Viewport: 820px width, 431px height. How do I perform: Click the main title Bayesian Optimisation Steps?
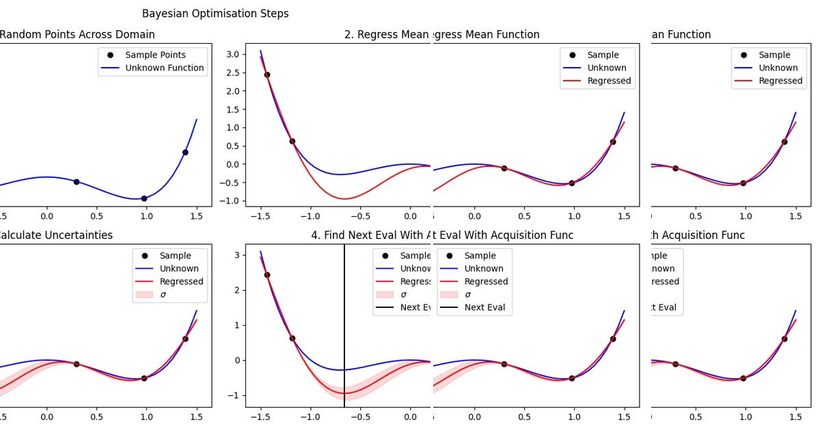[215, 14]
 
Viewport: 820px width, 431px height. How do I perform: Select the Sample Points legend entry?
[155, 55]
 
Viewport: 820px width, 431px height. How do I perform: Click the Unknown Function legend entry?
[164, 68]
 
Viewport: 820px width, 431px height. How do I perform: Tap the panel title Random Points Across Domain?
[77, 35]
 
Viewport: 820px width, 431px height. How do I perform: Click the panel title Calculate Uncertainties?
[56, 235]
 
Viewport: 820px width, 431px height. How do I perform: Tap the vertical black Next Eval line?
[344, 322]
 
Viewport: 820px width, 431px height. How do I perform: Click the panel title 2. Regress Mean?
[386, 35]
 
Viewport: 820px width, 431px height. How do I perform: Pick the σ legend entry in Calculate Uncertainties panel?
[163, 295]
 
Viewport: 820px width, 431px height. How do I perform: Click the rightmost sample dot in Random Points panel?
[185, 153]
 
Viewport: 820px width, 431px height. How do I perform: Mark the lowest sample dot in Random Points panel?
[143, 198]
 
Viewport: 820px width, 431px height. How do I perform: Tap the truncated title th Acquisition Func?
[697, 235]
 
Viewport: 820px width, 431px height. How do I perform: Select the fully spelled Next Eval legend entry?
[484, 308]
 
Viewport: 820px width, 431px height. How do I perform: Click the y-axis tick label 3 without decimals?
[238, 255]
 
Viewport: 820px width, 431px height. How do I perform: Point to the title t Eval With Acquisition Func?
[503, 235]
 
